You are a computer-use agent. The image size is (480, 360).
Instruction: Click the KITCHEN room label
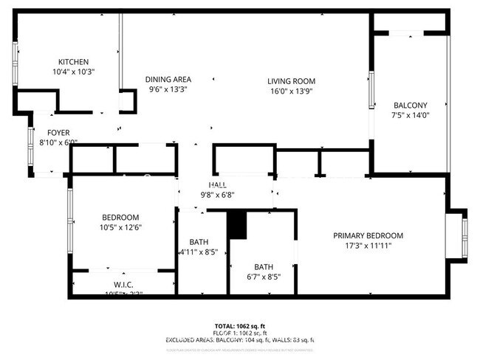tap(73, 62)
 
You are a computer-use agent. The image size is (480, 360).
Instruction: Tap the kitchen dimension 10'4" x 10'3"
tap(73, 72)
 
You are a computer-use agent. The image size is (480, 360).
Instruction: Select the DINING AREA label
tap(168, 80)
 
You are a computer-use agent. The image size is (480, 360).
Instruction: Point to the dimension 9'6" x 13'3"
tap(168, 89)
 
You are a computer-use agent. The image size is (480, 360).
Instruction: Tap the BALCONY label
tap(410, 105)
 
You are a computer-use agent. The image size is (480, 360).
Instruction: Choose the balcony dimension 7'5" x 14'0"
tap(410, 115)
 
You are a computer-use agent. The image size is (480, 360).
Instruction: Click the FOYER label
tap(58, 133)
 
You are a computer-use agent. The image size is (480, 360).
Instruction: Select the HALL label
tap(218, 185)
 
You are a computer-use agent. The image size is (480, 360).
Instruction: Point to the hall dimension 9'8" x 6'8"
tap(218, 195)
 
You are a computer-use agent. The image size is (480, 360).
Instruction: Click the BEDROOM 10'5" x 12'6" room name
tap(120, 217)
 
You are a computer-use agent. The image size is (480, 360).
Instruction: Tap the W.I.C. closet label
tap(123, 284)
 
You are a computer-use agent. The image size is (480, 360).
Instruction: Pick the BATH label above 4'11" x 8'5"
tap(199, 241)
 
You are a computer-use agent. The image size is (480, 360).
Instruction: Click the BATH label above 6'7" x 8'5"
tap(264, 267)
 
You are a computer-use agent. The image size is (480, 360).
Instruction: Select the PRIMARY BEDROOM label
tap(368, 235)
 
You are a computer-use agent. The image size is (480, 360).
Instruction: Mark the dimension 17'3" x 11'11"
tap(368, 246)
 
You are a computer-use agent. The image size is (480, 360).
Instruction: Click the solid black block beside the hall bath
tap(236, 224)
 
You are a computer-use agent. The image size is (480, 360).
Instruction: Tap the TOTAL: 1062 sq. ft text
tap(239, 325)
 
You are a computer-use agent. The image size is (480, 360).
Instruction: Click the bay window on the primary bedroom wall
tap(458, 234)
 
